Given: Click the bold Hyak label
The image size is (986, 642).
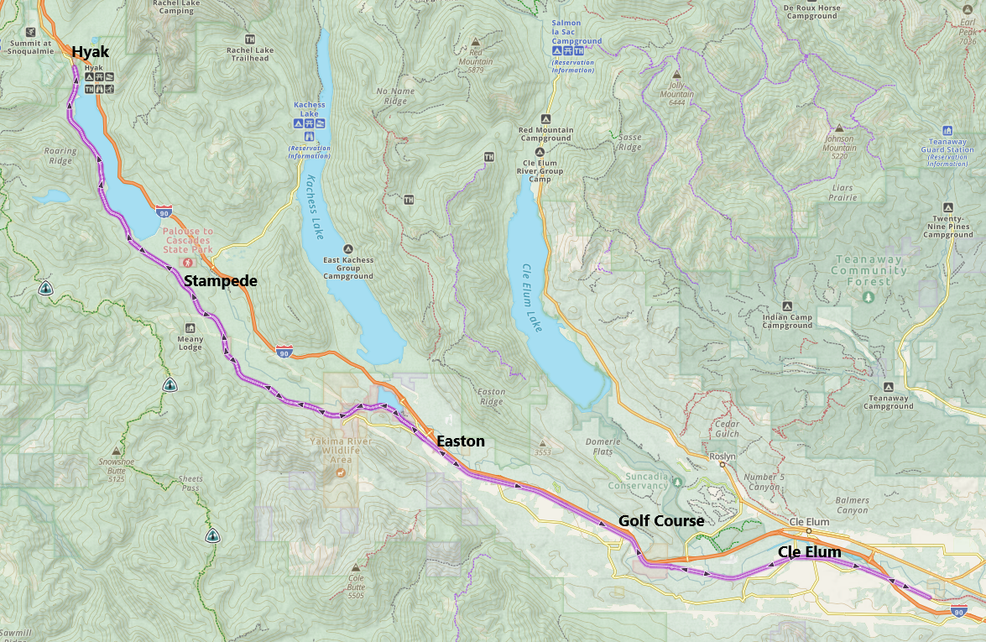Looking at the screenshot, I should (x=90, y=52).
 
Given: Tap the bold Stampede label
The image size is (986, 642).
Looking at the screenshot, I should (x=220, y=281).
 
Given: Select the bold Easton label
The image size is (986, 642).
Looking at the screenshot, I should (x=459, y=441).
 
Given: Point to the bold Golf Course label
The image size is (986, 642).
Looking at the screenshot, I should (x=661, y=521).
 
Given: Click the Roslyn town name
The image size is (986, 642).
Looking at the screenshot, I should (x=722, y=456).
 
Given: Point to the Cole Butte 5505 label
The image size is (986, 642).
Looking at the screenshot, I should (x=356, y=590).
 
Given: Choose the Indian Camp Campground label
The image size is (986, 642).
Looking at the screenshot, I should (x=787, y=321).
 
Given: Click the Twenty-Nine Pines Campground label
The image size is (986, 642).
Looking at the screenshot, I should (x=947, y=230).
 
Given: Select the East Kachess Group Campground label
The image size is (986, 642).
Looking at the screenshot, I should (x=348, y=268).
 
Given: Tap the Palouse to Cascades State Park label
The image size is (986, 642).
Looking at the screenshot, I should (x=188, y=240).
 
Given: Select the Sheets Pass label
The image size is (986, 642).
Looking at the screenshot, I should (x=190, y=483).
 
